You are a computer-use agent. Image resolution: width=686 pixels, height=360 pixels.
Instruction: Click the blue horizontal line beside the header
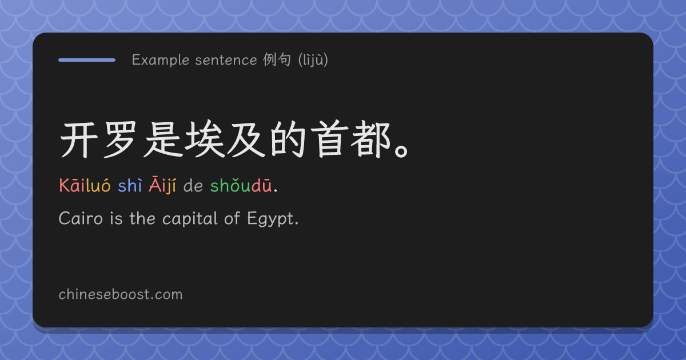coord(87,60)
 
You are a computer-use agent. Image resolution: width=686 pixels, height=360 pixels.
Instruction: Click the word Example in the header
coord(161,60)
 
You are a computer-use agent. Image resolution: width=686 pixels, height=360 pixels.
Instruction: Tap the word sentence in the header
coord(226,60)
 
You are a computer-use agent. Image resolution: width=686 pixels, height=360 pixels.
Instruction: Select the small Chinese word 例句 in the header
coord(277,59)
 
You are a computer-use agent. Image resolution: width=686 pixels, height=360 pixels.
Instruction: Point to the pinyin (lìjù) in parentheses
coord(313,59)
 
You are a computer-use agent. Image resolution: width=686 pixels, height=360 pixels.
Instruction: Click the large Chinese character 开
coord(79,139)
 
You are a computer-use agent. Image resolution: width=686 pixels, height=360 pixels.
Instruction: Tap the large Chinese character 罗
coord(121,139)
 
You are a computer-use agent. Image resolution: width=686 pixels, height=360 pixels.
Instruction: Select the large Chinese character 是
coord(162,139)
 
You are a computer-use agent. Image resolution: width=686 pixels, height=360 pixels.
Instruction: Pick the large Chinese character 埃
coord(204,139)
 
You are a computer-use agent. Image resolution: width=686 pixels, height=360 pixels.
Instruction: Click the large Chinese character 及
coord(246,139)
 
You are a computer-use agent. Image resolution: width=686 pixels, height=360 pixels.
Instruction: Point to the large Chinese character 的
coord(288,139)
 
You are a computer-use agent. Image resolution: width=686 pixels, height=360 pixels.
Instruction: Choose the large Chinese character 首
coord(329,139)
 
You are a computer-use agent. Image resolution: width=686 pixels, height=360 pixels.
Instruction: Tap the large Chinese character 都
coord(371,139)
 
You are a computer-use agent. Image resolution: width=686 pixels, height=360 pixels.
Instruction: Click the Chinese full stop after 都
coord(401,151)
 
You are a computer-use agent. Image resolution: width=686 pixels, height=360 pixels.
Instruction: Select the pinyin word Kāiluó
coord(85,185)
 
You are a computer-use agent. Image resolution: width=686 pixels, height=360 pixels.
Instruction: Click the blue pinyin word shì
coord(130,185)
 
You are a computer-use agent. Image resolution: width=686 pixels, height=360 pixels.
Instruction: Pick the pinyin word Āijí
coord(162,185)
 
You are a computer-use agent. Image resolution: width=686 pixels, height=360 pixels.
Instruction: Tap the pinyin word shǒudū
coord(241,185)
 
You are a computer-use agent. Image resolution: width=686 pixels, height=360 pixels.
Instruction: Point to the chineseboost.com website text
coord(121,294)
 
